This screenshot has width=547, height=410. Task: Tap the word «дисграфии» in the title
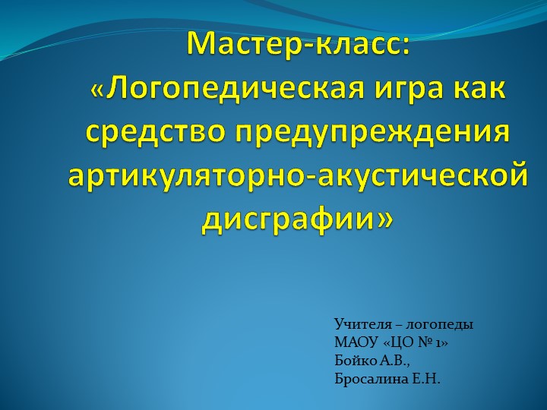coord(288,220)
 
